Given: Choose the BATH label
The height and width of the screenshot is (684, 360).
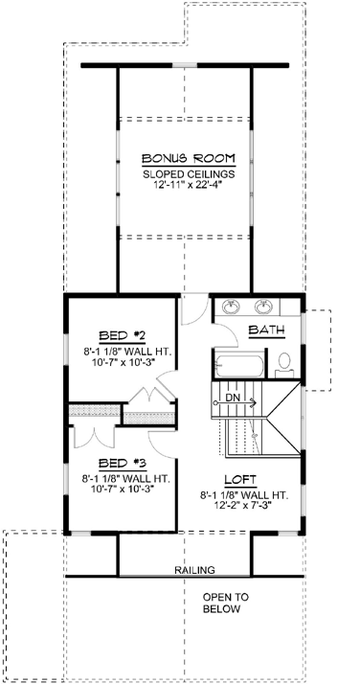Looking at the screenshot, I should pos(267,331).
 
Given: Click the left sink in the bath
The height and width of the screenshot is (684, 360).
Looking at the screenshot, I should pos(231,308).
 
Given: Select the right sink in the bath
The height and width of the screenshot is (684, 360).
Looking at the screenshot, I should pos(265,308).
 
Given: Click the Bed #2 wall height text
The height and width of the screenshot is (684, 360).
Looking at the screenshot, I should pos(125,352).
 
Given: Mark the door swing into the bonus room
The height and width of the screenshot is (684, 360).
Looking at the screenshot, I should pos(194,309).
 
